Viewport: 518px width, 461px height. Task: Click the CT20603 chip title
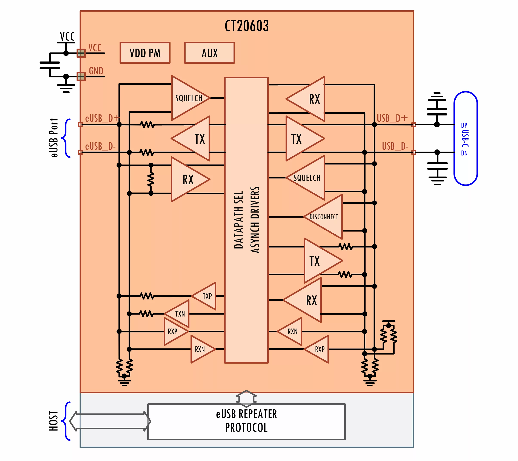[246, 26]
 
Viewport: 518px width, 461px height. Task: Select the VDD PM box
[145, 53]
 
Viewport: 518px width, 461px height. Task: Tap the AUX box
[209, 53]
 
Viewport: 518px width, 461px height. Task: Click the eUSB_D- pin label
[100, 146]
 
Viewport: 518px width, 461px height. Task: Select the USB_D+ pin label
[392, 118]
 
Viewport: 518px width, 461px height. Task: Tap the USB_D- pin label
[395, 146]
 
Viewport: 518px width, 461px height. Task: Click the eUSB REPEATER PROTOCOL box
[246, 421]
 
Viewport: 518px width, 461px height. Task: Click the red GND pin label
[96, 71]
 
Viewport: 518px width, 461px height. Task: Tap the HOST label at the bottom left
[54, 421]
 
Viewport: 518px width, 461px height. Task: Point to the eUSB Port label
[54, 138]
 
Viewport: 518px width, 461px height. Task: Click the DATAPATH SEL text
[238, 220]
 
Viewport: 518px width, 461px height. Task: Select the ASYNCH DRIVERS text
[255, 220]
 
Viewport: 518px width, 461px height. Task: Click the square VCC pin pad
[81, 53]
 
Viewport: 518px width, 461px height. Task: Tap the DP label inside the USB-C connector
[464, 125]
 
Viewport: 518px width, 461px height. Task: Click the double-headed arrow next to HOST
[110, 421]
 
